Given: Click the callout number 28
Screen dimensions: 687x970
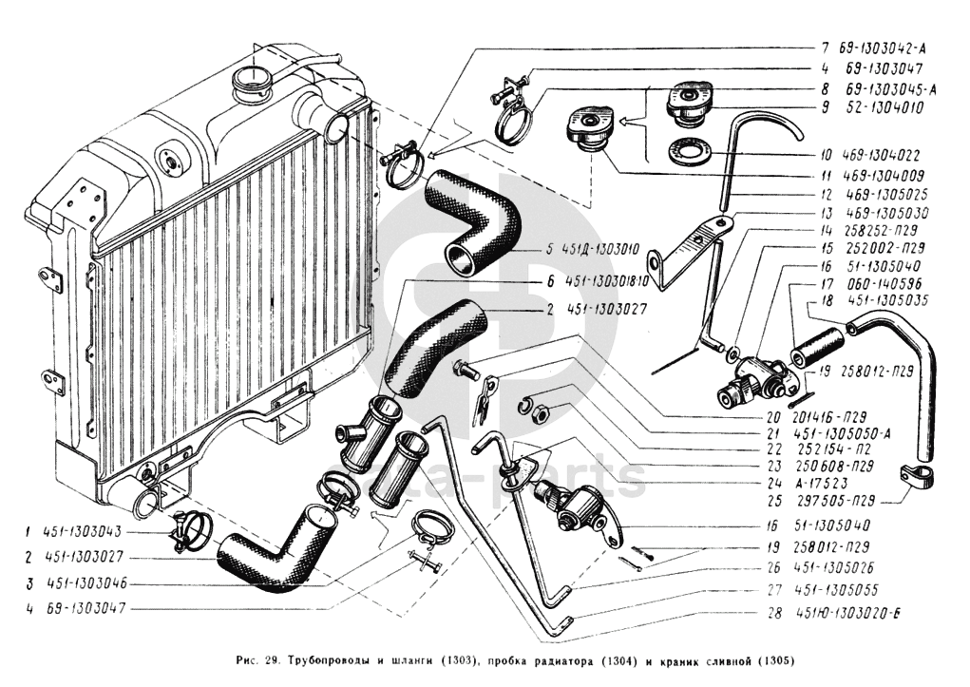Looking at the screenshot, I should pyautogui.click(x=775, y=614).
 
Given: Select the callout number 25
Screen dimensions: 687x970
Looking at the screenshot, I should pyautogui.click(x=775, y=499).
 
